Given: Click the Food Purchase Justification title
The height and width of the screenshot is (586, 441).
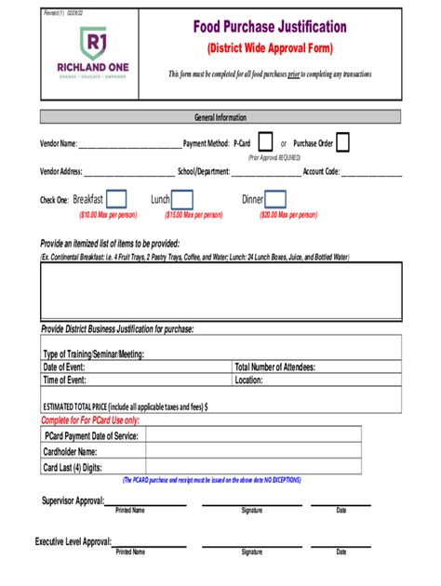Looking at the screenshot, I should pyautogui.click(x=269, y=28).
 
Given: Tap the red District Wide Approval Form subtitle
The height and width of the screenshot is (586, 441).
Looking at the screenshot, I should pyautogui.click(x=269, y=48).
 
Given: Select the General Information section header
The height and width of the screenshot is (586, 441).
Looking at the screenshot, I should pyautogui.click(x=220, y=117).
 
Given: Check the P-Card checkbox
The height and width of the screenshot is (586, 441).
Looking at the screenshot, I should pyautogui.click(x=265, y=142).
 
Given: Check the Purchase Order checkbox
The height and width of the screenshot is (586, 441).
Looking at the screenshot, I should pyautogui.click(x=342, y=142).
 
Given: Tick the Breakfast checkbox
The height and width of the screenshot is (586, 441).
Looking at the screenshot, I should pyautogui.click(x=116, y=199).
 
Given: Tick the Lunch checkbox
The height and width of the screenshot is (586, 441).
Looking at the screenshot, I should pyautogui.click(x=182, y=199).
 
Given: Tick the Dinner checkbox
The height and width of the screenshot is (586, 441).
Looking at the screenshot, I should pyautogui.click(x=276, y=199).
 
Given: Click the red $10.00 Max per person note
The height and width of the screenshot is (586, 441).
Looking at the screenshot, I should pyautogui.click(x=108, y=215).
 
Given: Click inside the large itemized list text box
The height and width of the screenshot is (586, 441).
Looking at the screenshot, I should pyautogui.click(x=220, y=291).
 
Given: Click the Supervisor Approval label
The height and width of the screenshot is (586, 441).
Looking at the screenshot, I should pyautogui.click(x=73, y=500).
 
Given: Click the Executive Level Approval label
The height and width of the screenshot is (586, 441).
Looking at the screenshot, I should pyautogui.click(x=73, y=541).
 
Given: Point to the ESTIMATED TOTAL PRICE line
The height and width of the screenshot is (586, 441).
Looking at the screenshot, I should pyautogui.click(x=126, y=406).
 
